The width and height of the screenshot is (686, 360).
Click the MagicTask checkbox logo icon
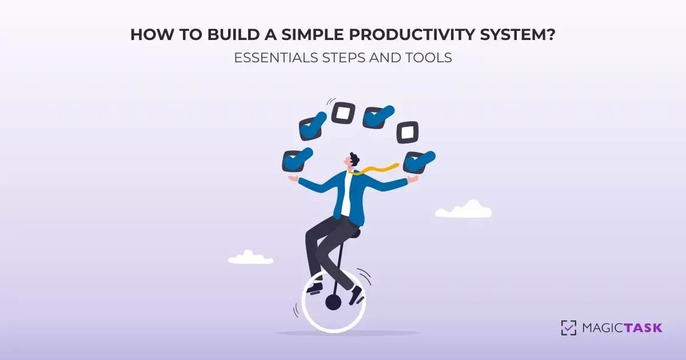tap(569, 327)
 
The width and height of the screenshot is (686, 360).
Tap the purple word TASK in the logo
tap(643, 328)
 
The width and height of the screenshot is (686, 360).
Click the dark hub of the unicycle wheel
tap(333, 302)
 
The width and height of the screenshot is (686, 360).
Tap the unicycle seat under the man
tap(353, 233)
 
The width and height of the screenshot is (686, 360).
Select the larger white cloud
tap(464, 210)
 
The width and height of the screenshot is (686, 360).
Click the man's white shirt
tap(346, 194)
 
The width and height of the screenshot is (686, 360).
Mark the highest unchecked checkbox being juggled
tap(343, 113)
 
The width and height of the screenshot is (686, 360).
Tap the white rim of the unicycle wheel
tap(303, 303)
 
